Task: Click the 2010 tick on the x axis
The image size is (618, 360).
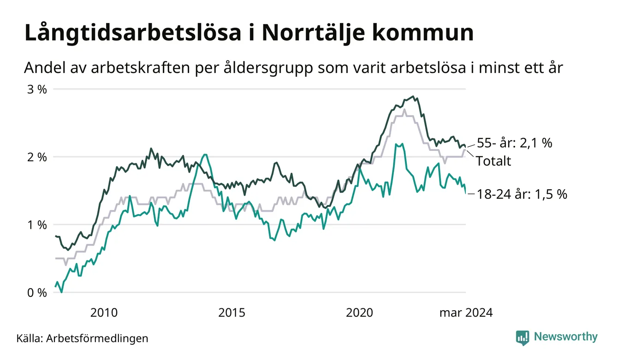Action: coord(104,313)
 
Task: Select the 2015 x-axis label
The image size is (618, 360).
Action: coord(232,313)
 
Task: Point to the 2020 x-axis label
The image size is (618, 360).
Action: coord(359,313)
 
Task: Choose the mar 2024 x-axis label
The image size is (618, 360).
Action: coord(466,313)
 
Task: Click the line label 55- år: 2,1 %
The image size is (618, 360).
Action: coord(514,143)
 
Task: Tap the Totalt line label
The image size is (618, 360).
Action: coord(493,161)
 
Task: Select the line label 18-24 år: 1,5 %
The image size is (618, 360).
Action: coord(521,194)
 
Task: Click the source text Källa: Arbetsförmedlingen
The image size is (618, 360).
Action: coord(82,338)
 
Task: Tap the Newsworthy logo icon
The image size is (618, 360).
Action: coord(523,337)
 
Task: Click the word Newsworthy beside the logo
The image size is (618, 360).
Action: coord(565,337)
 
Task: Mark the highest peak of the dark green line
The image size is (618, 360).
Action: coord(413,96)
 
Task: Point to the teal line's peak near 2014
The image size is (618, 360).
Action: coord(205,155)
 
